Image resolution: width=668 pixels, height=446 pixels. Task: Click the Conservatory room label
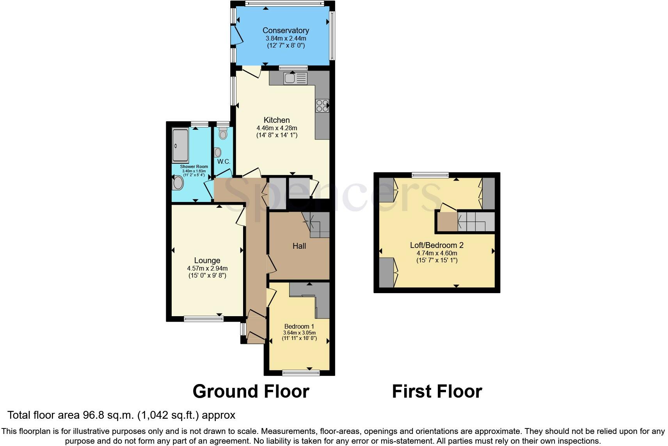coord(286,30)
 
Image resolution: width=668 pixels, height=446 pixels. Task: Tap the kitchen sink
coord(295,78)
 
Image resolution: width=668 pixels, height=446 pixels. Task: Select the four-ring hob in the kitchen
coord(322,106)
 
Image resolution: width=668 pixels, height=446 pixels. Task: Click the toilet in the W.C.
coord(223,133)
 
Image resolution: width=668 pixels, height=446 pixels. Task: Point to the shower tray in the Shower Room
coord(180,145)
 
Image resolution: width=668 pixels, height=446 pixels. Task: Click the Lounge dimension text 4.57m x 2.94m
coord(207,269)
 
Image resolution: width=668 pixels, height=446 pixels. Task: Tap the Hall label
coord(299,246)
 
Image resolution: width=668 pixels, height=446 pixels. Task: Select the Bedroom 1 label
coord(299,327)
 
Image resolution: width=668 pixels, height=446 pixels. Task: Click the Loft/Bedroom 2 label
coord(437,245)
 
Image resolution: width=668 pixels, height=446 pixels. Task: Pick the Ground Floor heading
coord(251,391)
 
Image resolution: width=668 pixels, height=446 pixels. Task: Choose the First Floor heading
coord(437,391)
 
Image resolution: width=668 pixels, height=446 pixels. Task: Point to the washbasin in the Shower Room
coord(178,183)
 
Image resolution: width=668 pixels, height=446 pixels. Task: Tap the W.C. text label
coord(224,162)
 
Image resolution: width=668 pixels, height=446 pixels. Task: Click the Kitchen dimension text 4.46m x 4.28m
coord(277,128)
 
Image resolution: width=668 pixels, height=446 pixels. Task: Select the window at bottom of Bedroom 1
coord(301,372)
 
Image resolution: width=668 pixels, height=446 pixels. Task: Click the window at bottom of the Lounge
coord(204,319)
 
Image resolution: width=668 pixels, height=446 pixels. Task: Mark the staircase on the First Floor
coord(476,222)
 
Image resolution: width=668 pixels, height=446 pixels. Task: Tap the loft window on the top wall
coord(430,175)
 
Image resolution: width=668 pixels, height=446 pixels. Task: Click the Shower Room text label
coord(194,166)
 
